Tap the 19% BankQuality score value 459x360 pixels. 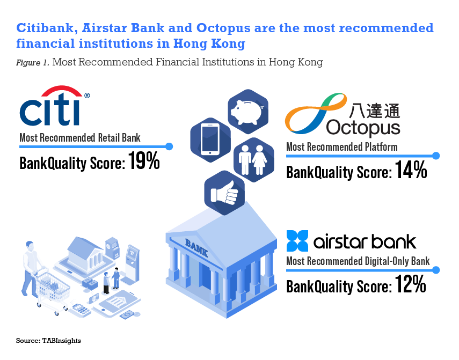point(144,161)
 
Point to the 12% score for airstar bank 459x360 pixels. point(411,284)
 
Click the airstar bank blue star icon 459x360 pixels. point(297,241)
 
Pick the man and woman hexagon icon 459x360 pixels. point(252,157)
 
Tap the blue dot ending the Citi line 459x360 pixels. point(169,146)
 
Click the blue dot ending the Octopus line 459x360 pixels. point(436,156)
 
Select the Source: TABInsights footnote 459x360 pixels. point(48,341)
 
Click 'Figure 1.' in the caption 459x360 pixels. point(32,62)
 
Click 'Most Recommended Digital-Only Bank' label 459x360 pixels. point(358,261)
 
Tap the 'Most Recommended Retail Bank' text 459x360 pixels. point(79,138)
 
